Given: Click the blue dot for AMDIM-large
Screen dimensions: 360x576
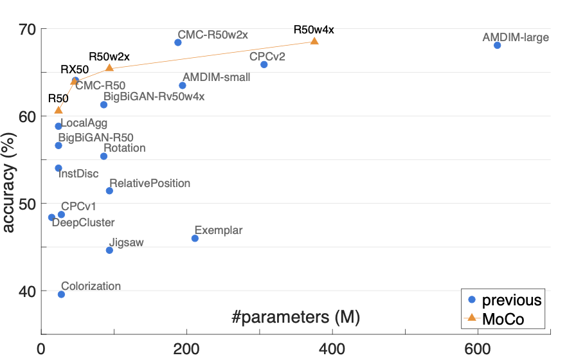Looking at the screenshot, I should pyautogui.click(x=497, y=45).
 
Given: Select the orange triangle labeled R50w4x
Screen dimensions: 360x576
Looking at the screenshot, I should pyautogui.click(x=314, y=41).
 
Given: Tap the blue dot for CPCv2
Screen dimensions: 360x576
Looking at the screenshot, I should pyautogui.click(x=264, y=64).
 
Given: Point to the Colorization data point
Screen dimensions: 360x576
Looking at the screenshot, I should pyautogui.click(x=61, y=294).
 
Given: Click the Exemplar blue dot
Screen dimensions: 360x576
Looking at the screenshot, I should pyautogui.click(x=195, y=239).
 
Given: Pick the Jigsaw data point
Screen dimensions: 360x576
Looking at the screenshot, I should pyautogui.click(x=109, y=250).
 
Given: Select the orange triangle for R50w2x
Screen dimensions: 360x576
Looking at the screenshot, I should pyautogui.click(x=109, y=68).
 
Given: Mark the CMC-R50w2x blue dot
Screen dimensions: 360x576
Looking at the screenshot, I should pyautogui.click(x=178, y=42).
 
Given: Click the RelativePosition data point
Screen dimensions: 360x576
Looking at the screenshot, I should pyautogui.click(x=109, y=191).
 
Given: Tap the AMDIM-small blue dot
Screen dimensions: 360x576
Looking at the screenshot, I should pyautogui.click(x=182, y=85).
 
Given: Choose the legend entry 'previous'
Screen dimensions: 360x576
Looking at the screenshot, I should pyautogui.click(x=504, y=300).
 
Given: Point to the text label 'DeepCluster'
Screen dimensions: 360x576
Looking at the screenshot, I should pyautogui.click(x=83, y=223).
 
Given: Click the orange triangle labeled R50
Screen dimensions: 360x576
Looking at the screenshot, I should pyautogui.click(x=59, y=111).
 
